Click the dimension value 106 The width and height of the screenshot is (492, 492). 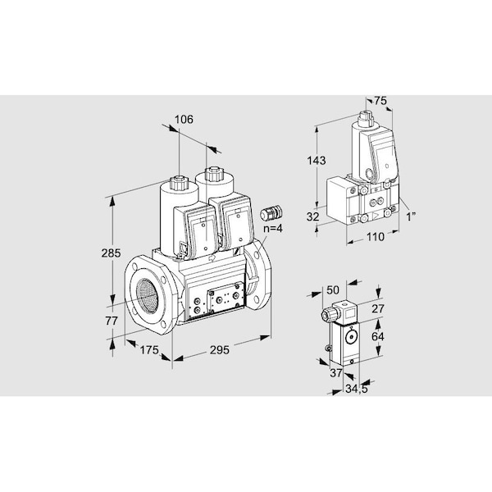tap(184, 120)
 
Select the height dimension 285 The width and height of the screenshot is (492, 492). tap(111, 253)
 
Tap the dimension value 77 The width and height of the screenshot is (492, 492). tap(112, 321)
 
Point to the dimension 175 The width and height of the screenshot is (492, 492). tap(149, 350)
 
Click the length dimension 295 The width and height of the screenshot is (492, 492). tap(219, 350)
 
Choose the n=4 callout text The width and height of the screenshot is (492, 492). tap(273, 229)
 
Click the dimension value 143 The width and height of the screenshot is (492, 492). tap(317, 161)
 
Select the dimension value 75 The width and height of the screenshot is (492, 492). tap(380, 101)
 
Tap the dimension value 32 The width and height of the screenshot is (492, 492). tap(312, 216)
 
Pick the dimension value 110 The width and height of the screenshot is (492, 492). tap(376, 237)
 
